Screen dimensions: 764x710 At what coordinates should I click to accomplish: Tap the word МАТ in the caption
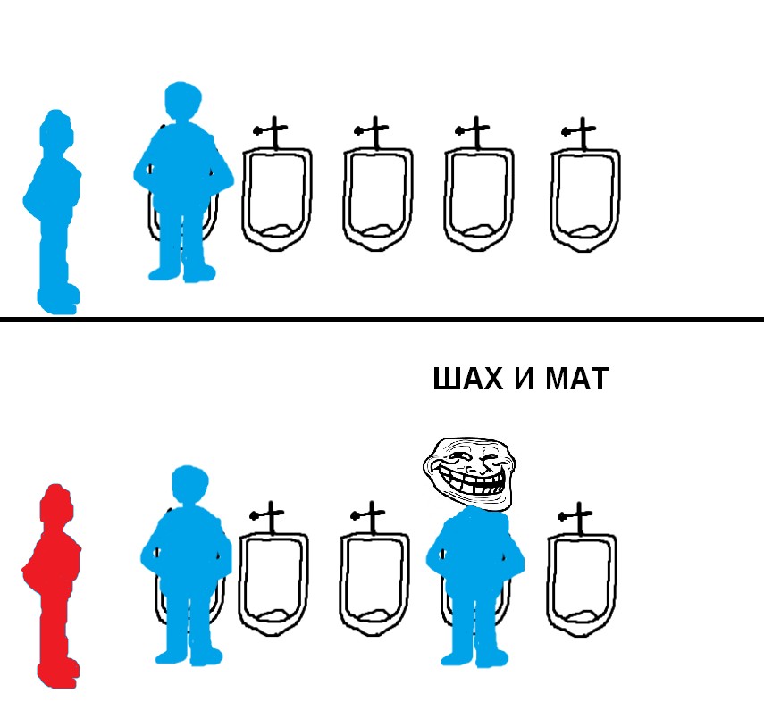click(x=577, y=379)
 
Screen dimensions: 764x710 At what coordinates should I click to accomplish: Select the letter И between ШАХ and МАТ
click(x=525, y=379)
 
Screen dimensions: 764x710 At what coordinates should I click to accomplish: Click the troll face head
click(x=469, y=472)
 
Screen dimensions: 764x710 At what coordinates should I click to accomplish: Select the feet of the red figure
click(x=58, y=673)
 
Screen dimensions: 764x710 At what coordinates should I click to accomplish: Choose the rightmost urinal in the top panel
click(x=584, y=200)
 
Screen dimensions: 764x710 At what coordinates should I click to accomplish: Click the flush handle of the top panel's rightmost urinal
click(x=580, y=132)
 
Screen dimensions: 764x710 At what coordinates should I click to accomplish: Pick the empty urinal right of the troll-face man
click(x=582, y=585)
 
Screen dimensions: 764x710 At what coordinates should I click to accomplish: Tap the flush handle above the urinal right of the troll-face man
click(x=576, y=517)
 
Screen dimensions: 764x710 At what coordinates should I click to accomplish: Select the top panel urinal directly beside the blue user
click(x=277, y=200)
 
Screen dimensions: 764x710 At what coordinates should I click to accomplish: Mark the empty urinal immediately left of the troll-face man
click(x=374, y=584)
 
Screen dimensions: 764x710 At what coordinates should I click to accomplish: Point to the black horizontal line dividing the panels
click(x=382, y=320)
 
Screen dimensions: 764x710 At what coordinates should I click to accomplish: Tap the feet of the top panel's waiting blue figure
click(x=58, y=299)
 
